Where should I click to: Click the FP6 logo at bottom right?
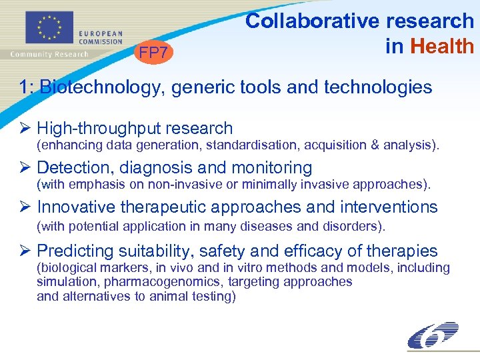point(433,335)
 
